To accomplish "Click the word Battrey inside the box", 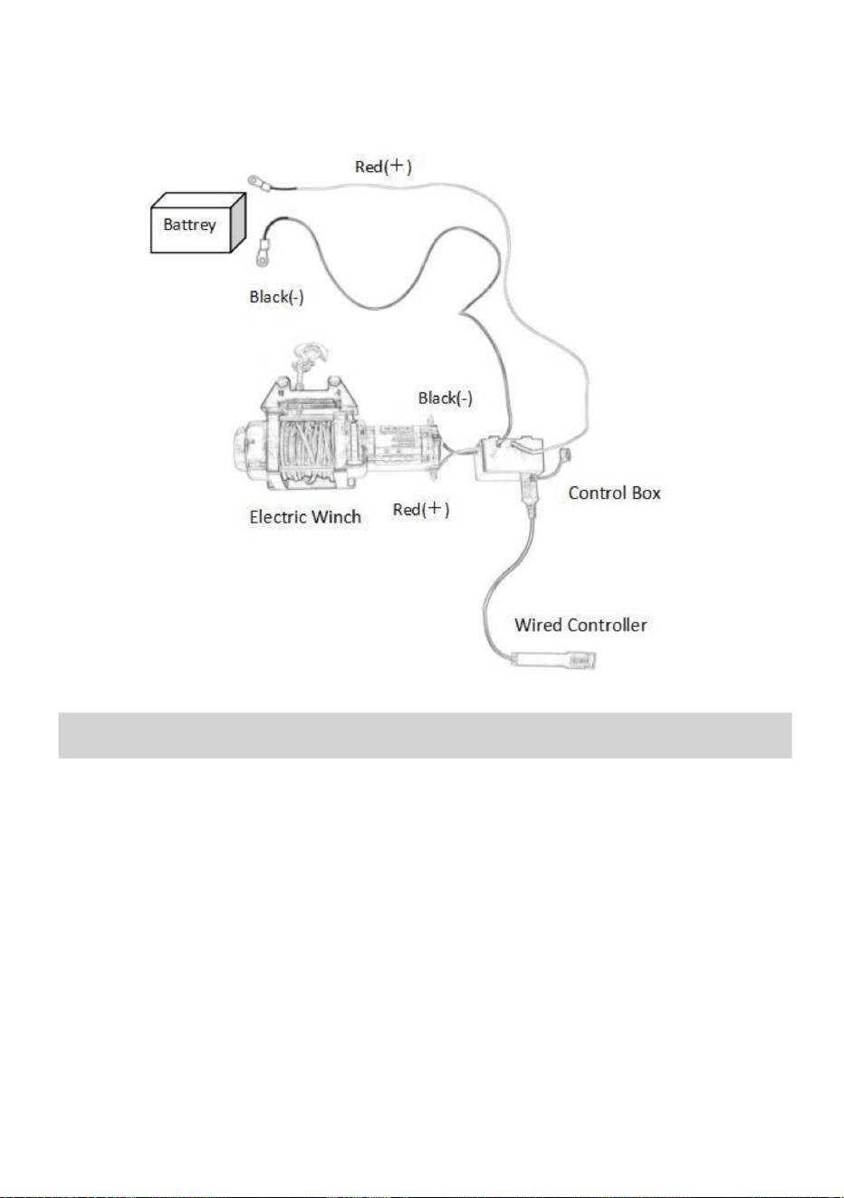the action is pyautogui.click(x=189, y=224).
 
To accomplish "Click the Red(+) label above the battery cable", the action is pyautogui.click(x=383, y=166).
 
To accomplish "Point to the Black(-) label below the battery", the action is pyautogui.click(x=276, y=297).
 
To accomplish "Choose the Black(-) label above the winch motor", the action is pyautogui.click(x=445, y=398).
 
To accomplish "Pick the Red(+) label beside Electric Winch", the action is pyautogui.click(x=421, y=509).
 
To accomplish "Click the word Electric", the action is pyautogui.click(x=277, y=517).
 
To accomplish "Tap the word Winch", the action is pyautogui.click(x=337, y=517).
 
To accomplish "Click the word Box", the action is pyautogui.click(x=646, y=493).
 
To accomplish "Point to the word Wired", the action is pyautogui.click(x=538, y=625).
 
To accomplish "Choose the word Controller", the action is pyautogui.click(x=607, y=625).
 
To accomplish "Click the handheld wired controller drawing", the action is pyautogui.click(x=554, y=659).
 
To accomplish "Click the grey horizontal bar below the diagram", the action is pyautogui.click(x=425, y=735).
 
